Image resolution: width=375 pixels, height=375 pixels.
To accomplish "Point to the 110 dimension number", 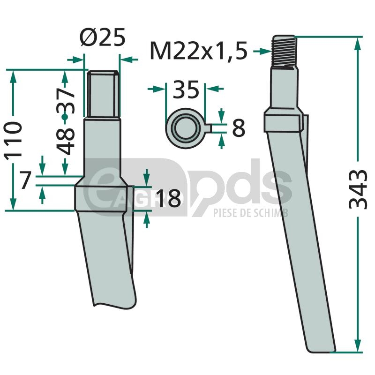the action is pos(13,139).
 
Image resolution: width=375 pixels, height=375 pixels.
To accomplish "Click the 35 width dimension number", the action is pos(186,89).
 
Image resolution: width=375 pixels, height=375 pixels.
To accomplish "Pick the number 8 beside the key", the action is pos(239,128).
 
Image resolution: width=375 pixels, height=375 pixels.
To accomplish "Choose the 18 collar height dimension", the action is pos(168,198).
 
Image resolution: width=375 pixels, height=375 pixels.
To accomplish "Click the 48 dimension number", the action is pos(65,142).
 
